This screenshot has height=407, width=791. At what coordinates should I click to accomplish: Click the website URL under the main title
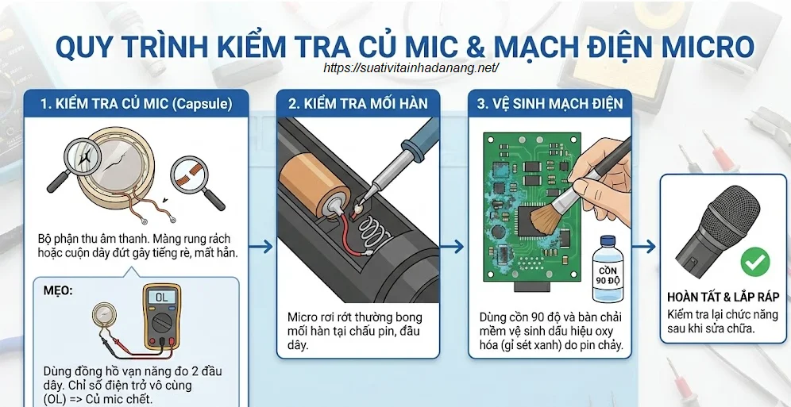(x=411, y=68)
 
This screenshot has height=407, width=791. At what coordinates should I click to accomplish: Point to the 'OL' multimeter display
(x=163, y=297)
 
